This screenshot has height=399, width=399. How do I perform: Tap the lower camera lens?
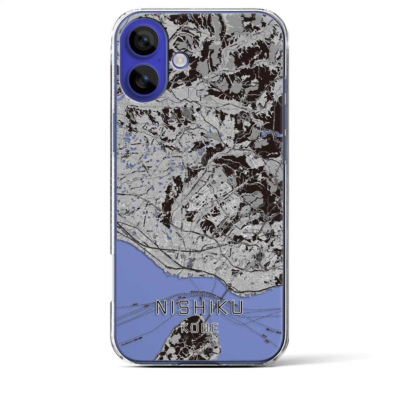pos(143,79)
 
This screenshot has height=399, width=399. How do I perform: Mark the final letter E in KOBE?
pos(215,329)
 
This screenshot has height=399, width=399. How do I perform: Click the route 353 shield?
pos(217,40)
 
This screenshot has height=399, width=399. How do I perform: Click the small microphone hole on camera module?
pos(159,60)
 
